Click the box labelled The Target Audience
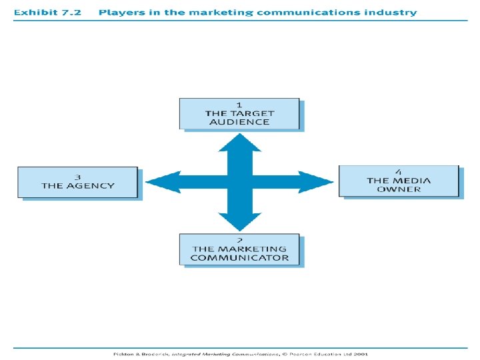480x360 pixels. coord(239,113)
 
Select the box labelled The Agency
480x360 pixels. coord(77,182)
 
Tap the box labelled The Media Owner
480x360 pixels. coord(399,181)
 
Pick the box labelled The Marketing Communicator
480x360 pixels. coord(239,249)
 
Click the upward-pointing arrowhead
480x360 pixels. coord(239,141)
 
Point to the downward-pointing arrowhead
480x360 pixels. coord(239,223)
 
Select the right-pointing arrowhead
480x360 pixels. coord(321,181)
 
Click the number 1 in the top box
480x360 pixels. coord(239,105)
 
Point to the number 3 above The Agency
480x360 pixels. coord(77,177)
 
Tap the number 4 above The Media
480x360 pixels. coord(399,171)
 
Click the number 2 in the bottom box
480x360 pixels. coord(239,240)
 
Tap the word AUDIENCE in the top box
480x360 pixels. coord(239,122)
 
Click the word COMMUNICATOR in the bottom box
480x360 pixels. coord(239,258)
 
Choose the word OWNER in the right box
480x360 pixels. coord(399,189)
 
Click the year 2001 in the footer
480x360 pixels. coord(360,355)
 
